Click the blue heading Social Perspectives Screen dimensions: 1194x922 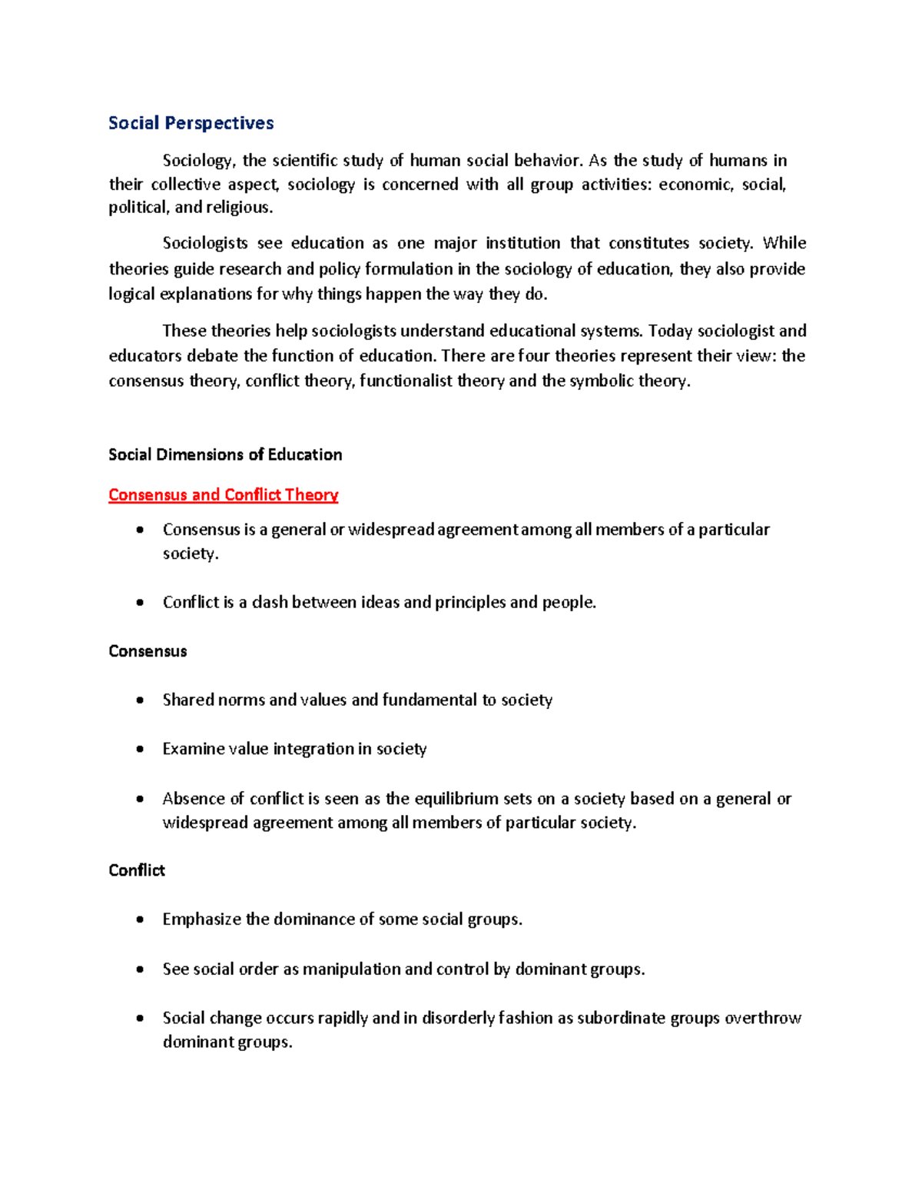click(x=191, y=123)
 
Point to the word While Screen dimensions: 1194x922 click(x=784, y=244)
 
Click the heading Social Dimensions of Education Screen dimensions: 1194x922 click(x=225, y=455)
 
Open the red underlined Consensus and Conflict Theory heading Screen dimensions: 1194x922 click(x=223, y=495)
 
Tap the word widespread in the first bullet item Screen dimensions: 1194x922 click(x=391, y=530)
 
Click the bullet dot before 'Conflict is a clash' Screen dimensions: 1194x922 click(x=139, y=603)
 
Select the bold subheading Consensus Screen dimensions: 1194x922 click(x=148, y=652)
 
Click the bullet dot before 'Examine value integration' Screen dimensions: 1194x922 click(x=139, y=750)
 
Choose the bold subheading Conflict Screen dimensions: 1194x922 click(x=137, y=870)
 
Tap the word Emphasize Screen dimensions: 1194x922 click(x=202, y=920)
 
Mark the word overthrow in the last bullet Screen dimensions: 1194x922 click(x=763, y=1019)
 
